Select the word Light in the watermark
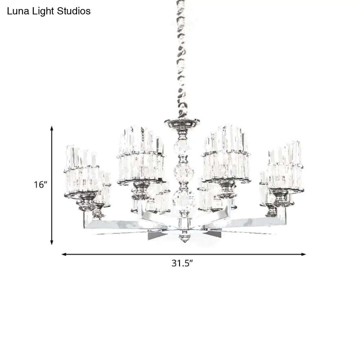point(44,12)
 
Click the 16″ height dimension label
point(40,184)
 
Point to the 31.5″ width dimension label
point(182,263)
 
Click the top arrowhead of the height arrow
point(52,129)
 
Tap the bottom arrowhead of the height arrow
point(52,242)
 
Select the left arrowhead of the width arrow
point(64,254)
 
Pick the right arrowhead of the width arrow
point(303,254)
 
